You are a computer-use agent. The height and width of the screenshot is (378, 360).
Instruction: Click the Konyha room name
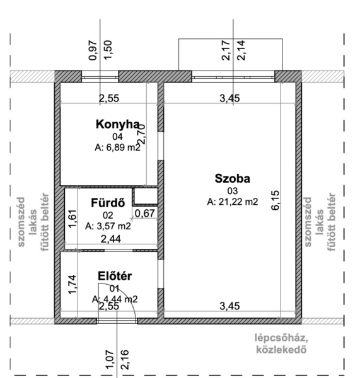click(117, 124)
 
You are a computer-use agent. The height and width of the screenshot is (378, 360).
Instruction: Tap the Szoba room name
click(233, 179)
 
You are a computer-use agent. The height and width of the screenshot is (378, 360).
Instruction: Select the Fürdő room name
click(108, 203)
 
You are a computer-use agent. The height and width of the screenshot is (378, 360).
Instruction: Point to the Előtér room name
click(115, 276)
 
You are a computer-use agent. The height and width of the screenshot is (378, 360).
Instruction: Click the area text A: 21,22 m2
click(233, 202)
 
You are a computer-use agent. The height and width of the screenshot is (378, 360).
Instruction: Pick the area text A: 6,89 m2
click(117, 147)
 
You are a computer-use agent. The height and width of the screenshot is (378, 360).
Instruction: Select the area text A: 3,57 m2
click(108, 226)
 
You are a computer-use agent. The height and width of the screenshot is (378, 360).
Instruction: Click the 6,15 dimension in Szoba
click(276, 200)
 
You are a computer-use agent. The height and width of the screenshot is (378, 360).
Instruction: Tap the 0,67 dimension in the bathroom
click(145, 214)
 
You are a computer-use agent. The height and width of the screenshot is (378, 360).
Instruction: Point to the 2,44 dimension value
click(111, 239)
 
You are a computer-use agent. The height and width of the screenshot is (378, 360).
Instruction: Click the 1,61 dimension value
click(73, 219)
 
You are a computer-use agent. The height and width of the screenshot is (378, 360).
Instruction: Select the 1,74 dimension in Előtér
click(73, 285)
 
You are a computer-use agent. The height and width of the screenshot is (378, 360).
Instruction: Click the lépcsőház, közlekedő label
click(281, 344)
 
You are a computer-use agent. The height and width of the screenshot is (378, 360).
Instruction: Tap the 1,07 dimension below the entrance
click(110, 359)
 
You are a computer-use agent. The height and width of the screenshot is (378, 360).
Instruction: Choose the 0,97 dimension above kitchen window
click(93, 51)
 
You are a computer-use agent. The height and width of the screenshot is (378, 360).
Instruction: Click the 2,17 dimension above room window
click(226, 50)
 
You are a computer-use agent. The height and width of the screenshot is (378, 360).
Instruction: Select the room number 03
click(233, 191)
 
